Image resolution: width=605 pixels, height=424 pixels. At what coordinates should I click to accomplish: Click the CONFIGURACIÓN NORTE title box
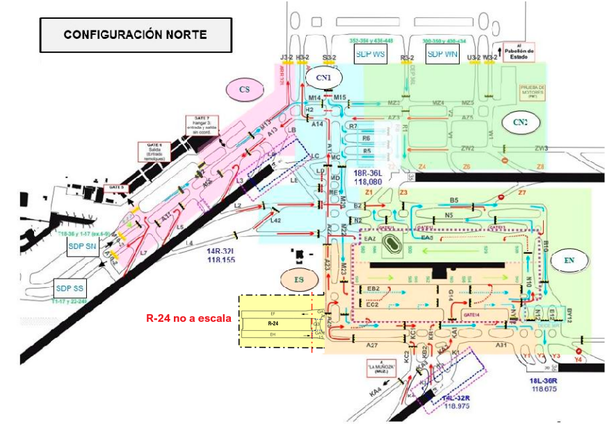pyautogui.click(x=135, y=34)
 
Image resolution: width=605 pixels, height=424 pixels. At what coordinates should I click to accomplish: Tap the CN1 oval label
pyautogui.click(x=324, y=77)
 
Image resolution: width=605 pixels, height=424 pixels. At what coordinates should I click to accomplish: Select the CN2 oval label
pyautogui.click(x=520, y=122)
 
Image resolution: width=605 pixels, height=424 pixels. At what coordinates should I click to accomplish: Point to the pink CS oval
pyautogui.click(x=244, y=90)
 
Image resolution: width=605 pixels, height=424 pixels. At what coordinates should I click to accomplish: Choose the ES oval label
pyautogui.click(x=299, y=279)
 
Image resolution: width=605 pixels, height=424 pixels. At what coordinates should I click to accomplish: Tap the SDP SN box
pyautogui.click(x=83, y=247)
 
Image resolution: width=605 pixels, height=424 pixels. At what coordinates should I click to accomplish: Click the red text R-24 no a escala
pyautogui.click(x=188, y=318)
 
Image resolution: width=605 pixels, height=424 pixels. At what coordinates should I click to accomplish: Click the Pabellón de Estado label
pyautogui.click(x=521, y=53)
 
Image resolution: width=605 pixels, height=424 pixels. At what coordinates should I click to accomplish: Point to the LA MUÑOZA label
pyautogui.click(x=378, y=368)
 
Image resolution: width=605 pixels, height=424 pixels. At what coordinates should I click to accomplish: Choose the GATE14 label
pyautogui.click(x=474, y=314)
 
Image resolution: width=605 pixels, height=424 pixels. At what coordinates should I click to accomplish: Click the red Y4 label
pyautogui.click(x=579, y=360)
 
